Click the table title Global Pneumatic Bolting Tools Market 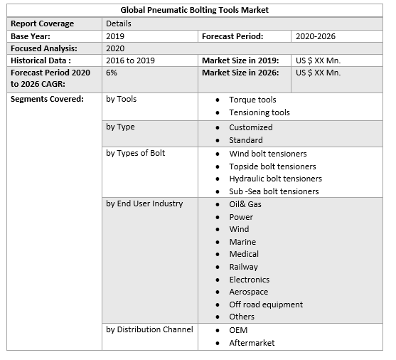tap(195, 10)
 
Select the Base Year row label tap(31, 36)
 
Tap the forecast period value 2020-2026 tap(316, 36)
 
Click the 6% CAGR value tap(112, 73)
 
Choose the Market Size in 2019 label tap(240, 60)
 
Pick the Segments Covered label tap(46, 99)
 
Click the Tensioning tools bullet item tap(259, 112)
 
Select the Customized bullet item tap(250, 127)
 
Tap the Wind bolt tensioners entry tap(267, 154)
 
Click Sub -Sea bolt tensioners tap(274, 191)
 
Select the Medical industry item tap(244, 254)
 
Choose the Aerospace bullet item tap(248, 292)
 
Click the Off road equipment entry tap(265, 305)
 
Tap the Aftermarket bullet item tap(252, 343)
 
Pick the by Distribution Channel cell tap(149, 329)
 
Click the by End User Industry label tap(144, 203)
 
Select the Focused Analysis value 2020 tap(115, 48)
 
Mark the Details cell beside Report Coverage tap(118, 23)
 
